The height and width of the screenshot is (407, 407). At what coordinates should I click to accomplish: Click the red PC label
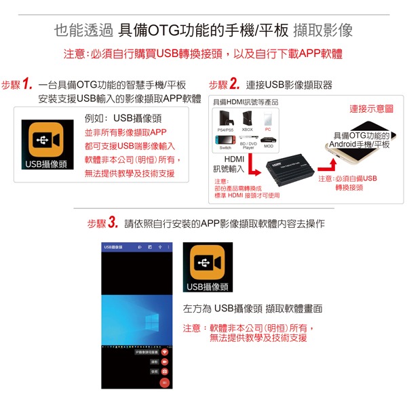coord(268,129)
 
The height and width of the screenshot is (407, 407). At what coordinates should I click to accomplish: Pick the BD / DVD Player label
coord(248,146)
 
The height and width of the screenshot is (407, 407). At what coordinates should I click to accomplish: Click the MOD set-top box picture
coord(268,140)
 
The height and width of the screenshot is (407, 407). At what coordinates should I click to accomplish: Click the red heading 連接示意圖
coord(371,109)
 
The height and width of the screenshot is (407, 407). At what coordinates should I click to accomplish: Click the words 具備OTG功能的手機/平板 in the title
coord(202,31)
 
